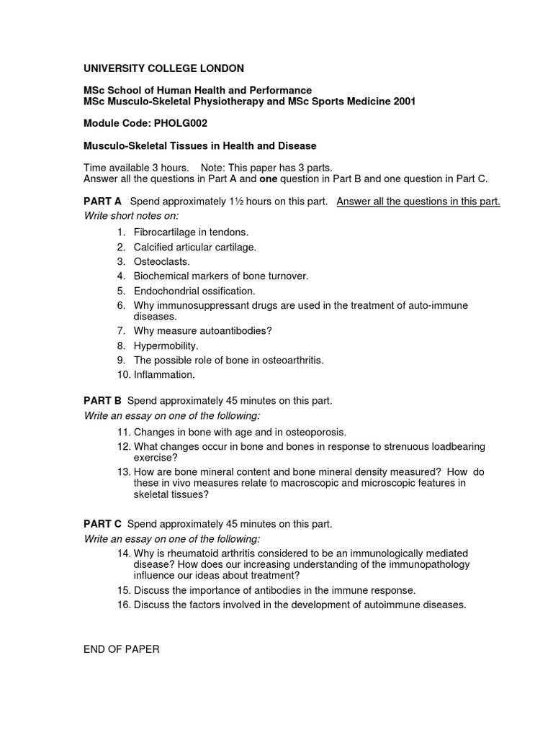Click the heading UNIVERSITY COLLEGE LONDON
pyautogui.click(x=164, y=68)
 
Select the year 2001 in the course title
pyautogui.click(x=403, y=101)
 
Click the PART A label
pyautogui.click(x=103, y=202)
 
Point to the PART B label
pyautogui.click(x=103, y=401)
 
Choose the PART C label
pyautogui.click(x=103, y=524)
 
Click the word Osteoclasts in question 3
pyautogui.click(x=161, y=262)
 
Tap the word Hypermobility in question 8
pyautogui.click(x=165, y=345)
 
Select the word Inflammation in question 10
pyautogui.click(x=163, y=374)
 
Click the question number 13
pyautogui.click(x=122, y=471)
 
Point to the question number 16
pyautogui.click(x=122, y=605)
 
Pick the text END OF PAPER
pyautogui.click(x=122, y=649)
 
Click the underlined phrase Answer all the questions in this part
pyautogui.click(x=418, y=202)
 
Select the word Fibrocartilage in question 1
pyautogui.click(x=166, y=232)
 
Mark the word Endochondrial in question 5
pyautogui.click(x=166, y=291)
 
